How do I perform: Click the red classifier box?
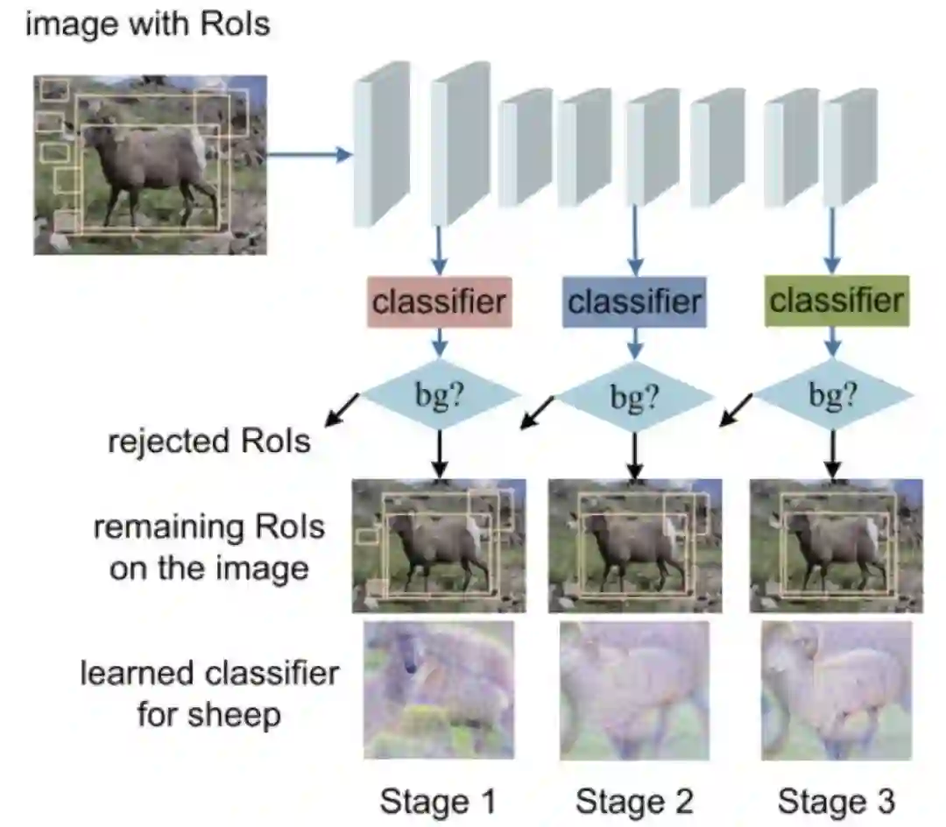439,302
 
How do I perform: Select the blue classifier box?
635,302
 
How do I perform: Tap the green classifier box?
836,300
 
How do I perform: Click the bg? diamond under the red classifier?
441,397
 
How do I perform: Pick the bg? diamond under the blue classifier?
636,397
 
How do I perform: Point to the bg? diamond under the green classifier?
833,397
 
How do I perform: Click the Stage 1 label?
439,800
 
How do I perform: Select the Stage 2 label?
634,800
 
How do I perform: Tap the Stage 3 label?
837,800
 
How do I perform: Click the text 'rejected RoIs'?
209,440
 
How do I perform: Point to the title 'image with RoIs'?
147,25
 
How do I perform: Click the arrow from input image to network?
307,156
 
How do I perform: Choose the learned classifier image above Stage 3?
837,689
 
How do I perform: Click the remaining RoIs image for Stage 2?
635,545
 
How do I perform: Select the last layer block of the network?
850,147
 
